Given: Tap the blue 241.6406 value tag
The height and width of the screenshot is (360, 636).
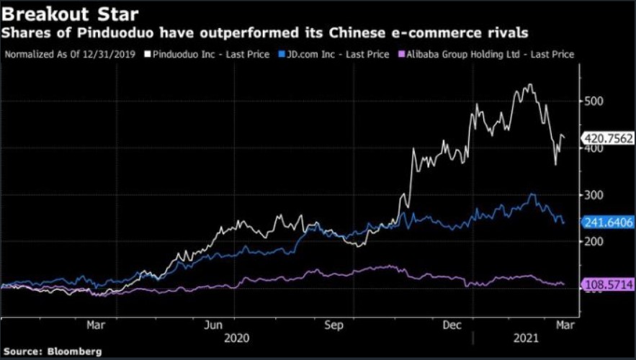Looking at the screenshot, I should (609, 223).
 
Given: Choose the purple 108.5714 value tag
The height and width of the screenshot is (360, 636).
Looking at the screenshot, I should (609, 286).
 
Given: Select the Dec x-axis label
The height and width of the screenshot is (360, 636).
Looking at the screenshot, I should (452, 325).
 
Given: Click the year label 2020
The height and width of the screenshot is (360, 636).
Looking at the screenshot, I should (237, 338).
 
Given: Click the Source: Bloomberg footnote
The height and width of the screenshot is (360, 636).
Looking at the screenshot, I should (52, 351).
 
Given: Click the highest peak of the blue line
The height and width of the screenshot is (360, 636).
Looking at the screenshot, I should (532, 193).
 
